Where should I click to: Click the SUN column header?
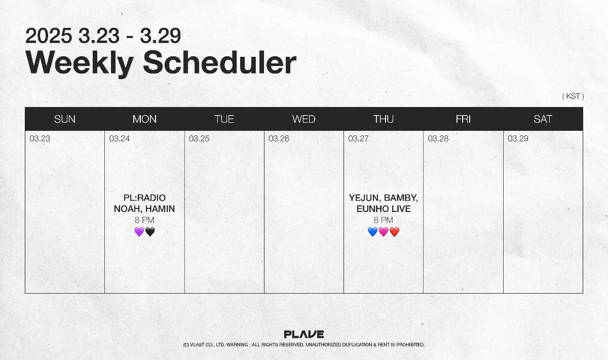coord(65,119)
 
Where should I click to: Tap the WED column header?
coord(303,119)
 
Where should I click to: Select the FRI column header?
coord(463,119)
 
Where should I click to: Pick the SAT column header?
coord(543,119)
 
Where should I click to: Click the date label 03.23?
coord(40,138)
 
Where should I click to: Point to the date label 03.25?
coord(199,138)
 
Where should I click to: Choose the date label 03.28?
coord(438,138)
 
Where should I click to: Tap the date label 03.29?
coord(518,138)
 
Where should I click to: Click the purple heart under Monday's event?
coord(139,232)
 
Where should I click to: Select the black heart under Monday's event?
coord(150,232)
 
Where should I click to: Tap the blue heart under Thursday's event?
coord(373,232)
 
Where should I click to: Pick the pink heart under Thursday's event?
coord(384,232)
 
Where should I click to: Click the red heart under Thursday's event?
coord(394,232)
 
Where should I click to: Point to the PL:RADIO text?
coord(144,198)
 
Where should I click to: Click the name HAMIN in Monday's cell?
coord(160,209)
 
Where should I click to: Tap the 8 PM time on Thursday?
coord(383,220)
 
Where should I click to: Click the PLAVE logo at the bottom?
coord(303,334)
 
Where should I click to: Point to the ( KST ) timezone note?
coord(573,96)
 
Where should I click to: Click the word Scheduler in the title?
coord(219,63)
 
